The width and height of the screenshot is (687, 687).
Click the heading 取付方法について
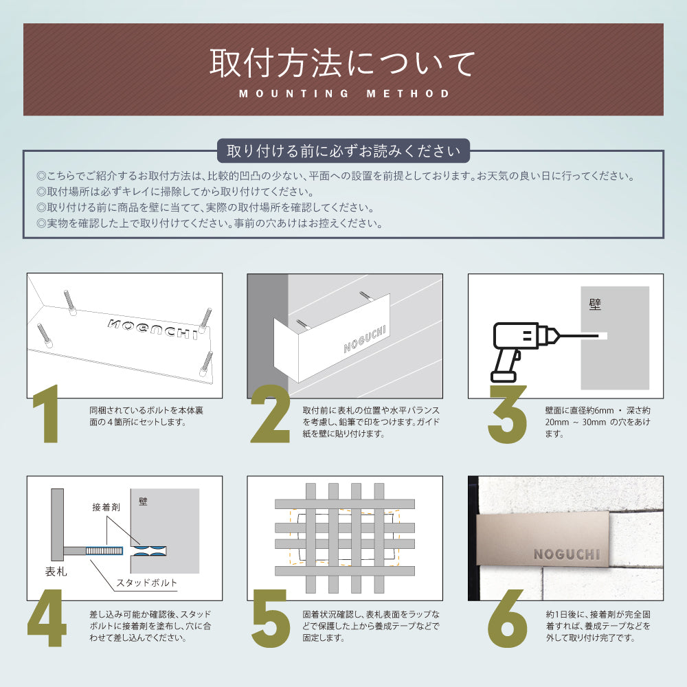pyautogui.click(x=342, y=63)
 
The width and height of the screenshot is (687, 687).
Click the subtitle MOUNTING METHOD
pyautogui.click(x=344, y=93)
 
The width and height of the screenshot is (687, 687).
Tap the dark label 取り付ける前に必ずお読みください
pyautogui.click(x=343, y=150)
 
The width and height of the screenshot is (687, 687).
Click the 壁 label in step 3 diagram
pyautogui.click(x=595, y=304)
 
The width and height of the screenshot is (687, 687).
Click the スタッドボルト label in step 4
pyautogui.click(x=146, y=583)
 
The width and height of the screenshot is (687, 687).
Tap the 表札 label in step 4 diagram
pyautogui.click(x=56, y=571)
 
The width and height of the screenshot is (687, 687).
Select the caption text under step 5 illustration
pyautogui.click(x=370, y=626)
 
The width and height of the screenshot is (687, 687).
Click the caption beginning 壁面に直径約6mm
pyautogui.click(x=597, y=422)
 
